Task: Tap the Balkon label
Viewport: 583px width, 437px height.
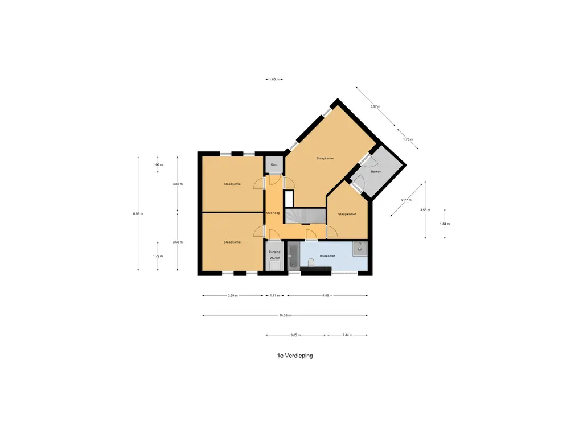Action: coord(376,171)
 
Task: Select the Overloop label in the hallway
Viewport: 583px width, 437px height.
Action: coord(273,212)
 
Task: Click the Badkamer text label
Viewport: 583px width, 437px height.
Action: coord(327,256)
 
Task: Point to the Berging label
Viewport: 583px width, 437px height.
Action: coord(274,251)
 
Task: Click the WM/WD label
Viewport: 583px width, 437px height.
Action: coord(274,258)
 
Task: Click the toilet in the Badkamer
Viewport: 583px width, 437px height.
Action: coord(311,263)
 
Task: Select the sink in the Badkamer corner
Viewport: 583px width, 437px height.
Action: coord(360,248)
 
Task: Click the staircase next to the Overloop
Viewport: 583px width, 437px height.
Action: coord(305,216)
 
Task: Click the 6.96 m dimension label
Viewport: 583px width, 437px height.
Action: coord(138,213)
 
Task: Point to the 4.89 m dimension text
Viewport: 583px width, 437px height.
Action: coord(327,295)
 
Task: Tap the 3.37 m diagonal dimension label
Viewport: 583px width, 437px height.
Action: coord(375,106)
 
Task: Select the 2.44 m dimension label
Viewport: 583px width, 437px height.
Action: coord(347,335)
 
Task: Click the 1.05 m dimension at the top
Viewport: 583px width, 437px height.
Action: coord(274,80)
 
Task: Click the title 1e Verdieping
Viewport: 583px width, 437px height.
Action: coord(291,356)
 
